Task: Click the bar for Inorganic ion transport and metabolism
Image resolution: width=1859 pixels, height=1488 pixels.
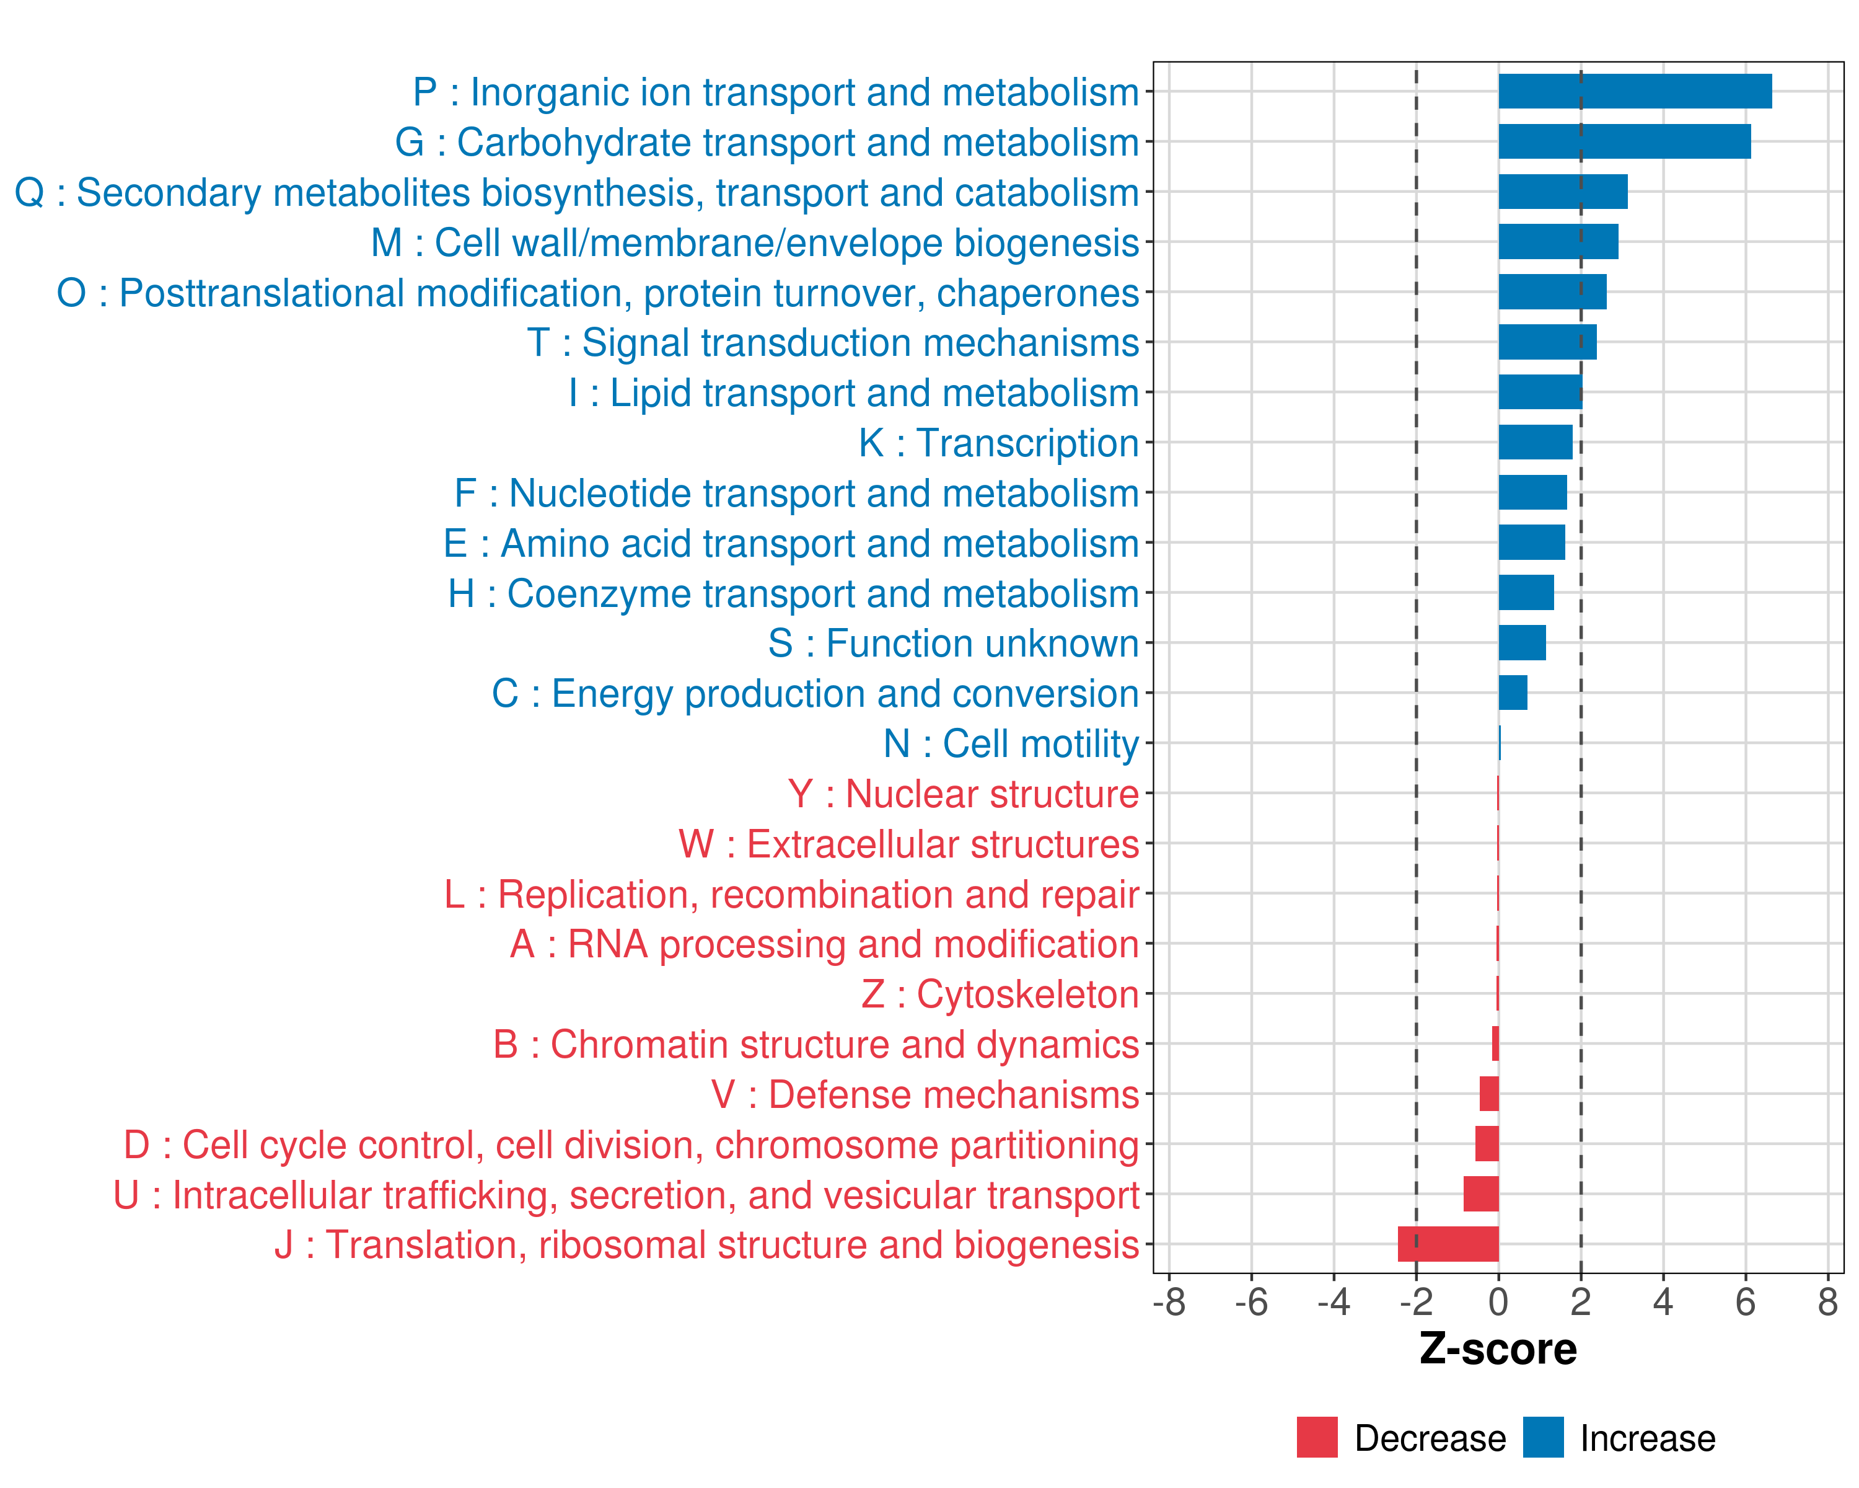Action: pos(1634,91)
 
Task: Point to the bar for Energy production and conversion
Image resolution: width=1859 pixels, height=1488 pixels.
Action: pos(1513,693)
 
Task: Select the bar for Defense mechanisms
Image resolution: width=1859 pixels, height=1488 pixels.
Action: pos(1488,1094)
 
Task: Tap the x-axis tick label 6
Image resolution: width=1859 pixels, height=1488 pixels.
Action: pos(1745,1303)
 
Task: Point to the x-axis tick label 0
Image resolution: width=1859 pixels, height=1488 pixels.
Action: pos(1498,1303)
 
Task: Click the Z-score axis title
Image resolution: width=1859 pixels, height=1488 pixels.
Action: pos(1498,1349)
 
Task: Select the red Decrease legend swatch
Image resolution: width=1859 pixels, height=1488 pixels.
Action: pos(1317,1437)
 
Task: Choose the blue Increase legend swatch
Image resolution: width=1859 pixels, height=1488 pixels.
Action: pos(1542,1437)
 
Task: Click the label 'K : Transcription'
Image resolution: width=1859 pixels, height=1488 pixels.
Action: pos(998,443)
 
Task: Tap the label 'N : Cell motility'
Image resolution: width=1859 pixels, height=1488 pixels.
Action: pos(1011,743)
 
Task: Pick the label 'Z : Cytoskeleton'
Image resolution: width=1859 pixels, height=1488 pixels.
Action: pos(1000,994)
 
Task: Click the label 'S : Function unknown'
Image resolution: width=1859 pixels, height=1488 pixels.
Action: pos(953,644)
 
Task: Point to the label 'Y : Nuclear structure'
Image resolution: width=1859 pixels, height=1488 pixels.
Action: pos(963,794)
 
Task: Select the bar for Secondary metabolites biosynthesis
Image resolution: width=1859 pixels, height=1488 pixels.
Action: pos(1562,192)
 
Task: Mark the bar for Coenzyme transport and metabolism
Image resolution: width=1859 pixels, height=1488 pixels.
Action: pos(1526,593)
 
